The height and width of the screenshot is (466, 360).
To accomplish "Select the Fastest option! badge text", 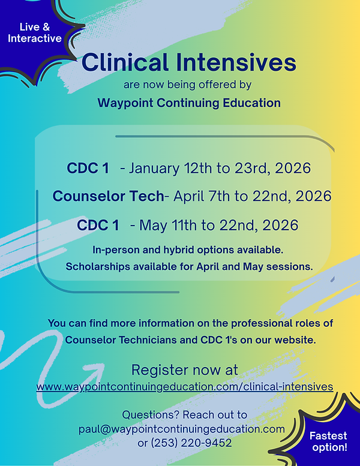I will click(x=328, y=441).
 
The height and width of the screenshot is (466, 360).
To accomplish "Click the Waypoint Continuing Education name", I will click(x=188, y=103).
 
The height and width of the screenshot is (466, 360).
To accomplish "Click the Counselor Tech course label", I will click(x=108, y=196).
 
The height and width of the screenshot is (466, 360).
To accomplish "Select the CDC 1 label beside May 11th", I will click(x=98, y=226).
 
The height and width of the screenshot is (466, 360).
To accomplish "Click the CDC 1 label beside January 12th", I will click(x=88, y=168).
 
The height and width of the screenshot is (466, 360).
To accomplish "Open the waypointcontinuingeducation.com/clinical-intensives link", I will click(x=185, y=387).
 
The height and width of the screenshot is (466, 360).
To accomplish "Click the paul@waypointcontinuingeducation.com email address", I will click(x=181, y=429).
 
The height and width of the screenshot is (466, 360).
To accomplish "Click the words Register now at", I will click(x=185, y=369).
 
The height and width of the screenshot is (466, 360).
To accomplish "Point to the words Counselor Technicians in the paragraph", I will click(x=115, y=340).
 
